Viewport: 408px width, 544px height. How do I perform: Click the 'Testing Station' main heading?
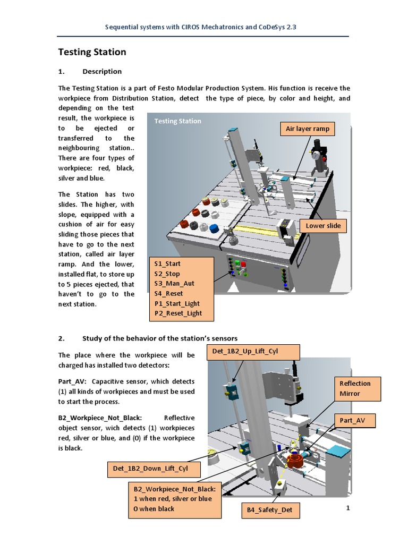[x=92, y=52]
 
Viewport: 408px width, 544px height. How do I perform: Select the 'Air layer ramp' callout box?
[x=307, y=129]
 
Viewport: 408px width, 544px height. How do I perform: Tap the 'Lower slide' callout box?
[x=323, y=226]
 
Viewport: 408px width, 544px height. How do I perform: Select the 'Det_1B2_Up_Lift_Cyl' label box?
[x=252, y=352]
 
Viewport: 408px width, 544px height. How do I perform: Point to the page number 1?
[x=348, y=508]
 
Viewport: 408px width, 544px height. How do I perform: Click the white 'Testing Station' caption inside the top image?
[x=177, y=121]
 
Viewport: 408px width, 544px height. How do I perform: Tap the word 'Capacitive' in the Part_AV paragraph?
[x=107, y=381]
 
